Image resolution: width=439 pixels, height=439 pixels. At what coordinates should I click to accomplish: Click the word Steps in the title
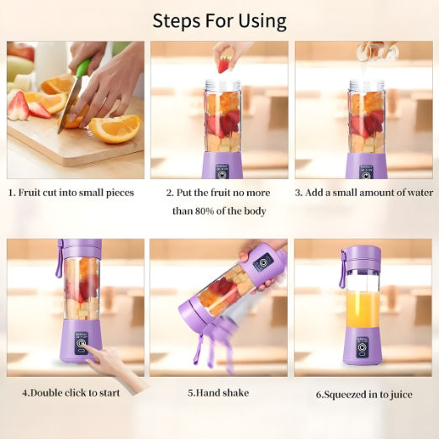[177, 21]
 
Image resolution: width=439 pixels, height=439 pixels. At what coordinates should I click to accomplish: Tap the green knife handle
[83, 67]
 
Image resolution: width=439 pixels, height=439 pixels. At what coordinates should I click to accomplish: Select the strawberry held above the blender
[224, 65]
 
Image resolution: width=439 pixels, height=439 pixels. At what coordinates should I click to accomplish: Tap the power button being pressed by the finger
[82, 342]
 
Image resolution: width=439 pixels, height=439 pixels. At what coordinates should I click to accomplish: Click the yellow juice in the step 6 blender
[362, 309]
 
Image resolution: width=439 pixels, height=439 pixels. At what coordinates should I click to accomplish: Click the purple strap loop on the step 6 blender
[342, 269]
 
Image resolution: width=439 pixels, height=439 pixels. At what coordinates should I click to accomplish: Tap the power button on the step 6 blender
[362, 347]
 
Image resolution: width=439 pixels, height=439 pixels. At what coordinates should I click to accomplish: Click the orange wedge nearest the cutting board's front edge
[115, 129]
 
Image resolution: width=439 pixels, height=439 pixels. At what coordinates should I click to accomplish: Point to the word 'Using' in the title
[262, 22]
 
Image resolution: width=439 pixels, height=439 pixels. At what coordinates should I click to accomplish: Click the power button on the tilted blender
[262, 262]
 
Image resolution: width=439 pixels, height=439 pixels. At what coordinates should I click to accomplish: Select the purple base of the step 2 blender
[223, 166]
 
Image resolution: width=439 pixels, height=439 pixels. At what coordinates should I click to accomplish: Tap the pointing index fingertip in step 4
[85, 346]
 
